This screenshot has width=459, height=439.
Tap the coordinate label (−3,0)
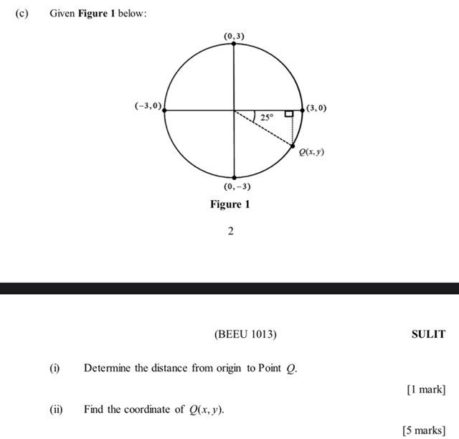148,105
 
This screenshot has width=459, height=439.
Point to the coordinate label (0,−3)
237,187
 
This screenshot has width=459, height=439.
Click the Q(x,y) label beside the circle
312,152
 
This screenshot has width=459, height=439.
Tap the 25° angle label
267,116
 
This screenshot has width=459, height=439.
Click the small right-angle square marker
288,113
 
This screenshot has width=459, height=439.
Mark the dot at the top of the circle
234,43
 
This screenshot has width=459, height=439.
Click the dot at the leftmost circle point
164,110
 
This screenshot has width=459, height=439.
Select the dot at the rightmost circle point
302,110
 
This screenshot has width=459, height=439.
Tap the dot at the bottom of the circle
234,178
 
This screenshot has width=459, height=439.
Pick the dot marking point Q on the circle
293,146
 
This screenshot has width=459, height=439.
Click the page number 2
230,231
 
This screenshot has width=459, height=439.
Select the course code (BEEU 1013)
245,334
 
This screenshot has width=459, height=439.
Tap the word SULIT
428,334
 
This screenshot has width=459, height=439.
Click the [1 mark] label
425,390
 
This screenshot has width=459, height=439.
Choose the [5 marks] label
424,430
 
